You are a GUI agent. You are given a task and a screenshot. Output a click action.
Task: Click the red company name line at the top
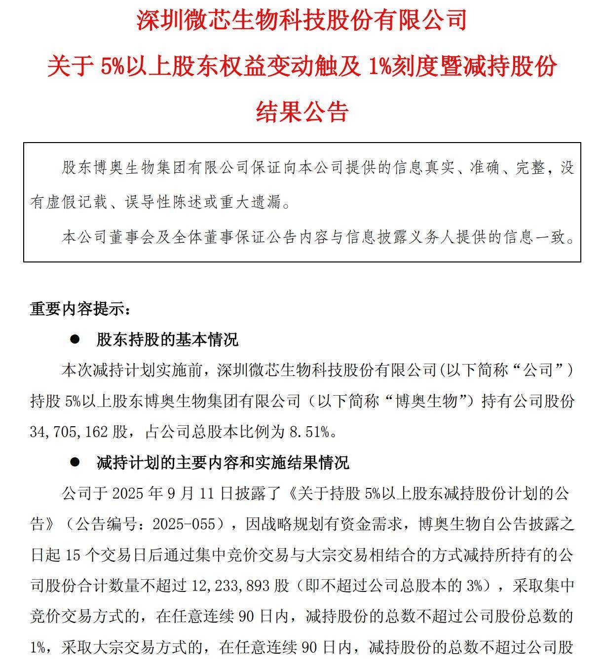coord(302,21)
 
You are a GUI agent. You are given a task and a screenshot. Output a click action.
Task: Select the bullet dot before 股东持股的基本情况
coord(75,339)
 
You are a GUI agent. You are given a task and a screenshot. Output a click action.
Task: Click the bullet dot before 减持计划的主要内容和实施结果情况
coord(75,462)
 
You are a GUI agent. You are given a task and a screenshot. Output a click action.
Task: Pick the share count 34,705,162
coord(69,432)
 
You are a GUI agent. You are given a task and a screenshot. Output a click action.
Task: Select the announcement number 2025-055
coord(185,524)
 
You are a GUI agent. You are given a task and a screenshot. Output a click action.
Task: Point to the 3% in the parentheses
coord(474,586)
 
